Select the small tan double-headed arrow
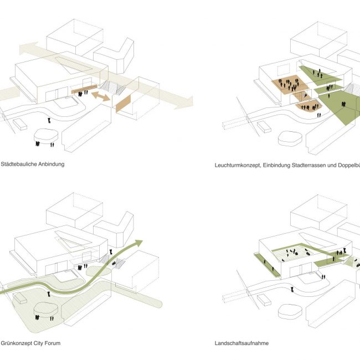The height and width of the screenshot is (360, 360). point(100,97)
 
